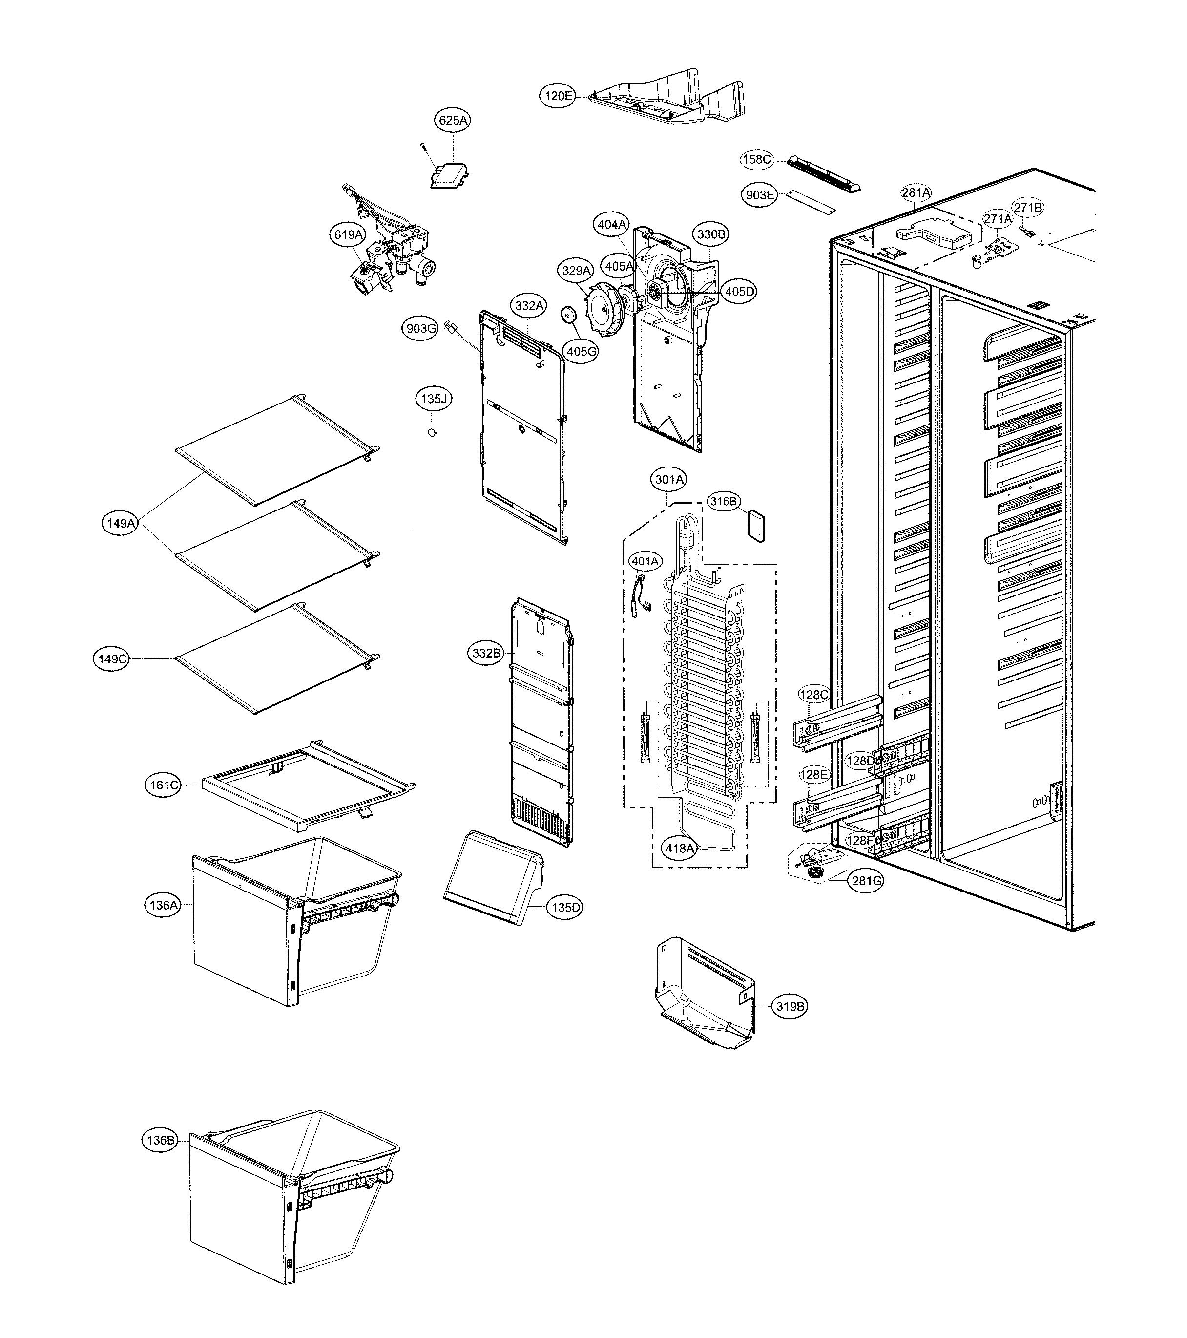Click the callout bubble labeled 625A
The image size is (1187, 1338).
coord(454,121)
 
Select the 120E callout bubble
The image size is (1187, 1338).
coord(558,96)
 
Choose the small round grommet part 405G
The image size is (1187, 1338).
coord(567,314)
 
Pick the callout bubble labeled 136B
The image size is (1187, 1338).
coord(160,1140)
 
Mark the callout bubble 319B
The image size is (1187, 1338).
coord(790,1007)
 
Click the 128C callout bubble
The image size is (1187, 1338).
coord(814,695)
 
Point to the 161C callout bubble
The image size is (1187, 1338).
coord(163,785)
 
